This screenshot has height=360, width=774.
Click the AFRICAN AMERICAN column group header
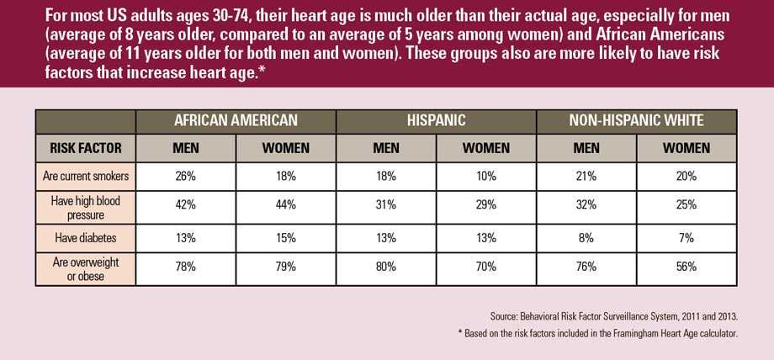point(236,120)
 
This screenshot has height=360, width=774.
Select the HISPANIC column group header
point(436,120)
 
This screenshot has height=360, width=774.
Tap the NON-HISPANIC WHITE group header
point(637,120)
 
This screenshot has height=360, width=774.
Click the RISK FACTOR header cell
point(86,148)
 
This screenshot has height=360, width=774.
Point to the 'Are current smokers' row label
point(86,176)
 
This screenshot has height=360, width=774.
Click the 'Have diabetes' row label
point(86,238)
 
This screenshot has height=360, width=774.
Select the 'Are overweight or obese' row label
point(86,268)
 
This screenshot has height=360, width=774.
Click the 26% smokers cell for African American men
point(185,176)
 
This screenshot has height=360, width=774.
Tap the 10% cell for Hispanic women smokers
point(486,176)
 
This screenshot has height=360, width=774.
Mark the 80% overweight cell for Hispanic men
point(385,268)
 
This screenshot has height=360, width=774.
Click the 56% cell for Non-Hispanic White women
point(687,268)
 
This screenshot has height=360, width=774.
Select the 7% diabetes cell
point(687,238)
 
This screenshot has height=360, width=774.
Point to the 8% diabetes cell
point(586,238)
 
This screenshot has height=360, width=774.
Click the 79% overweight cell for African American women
point(286,268)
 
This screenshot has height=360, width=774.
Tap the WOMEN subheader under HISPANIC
point(486,148)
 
